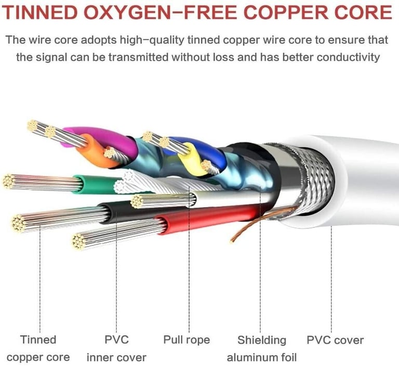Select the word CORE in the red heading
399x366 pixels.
pos(364,13)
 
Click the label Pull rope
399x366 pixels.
pos(187,340)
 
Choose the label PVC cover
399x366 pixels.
pos(335,340)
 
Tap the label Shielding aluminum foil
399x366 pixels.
pos(262,348)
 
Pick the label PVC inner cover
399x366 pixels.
pos(116,348)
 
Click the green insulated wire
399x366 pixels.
pos(96,183)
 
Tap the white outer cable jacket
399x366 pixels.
pos(364,182)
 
